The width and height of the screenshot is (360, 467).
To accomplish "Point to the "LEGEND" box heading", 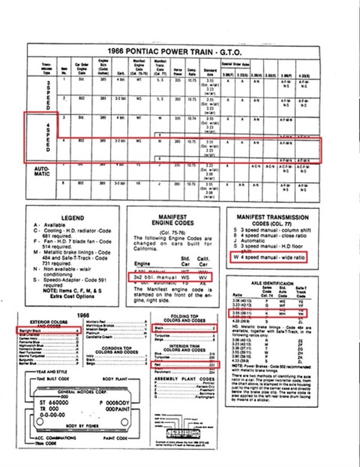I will [73, 218].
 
